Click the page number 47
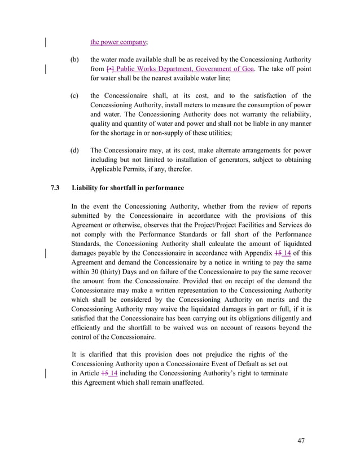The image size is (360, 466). tap(300, 441)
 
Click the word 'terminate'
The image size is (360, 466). tap(272, 373)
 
